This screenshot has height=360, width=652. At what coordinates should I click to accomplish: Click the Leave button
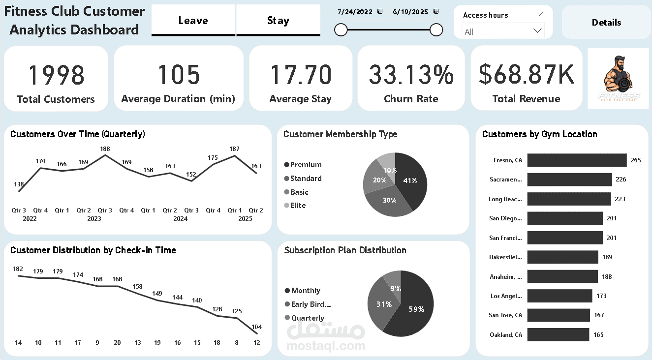[x=193, y=21]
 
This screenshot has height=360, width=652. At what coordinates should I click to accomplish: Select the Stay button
[x=278, y=21]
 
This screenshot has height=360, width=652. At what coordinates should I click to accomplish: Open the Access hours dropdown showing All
[x=503, y=31]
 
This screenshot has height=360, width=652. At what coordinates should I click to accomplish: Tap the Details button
[x=606, y=23]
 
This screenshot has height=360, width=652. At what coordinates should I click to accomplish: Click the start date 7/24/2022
[x=355, y=12]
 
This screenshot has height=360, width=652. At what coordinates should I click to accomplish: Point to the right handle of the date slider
[x=436, y=30]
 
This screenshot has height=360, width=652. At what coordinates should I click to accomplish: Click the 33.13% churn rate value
[x=411, y=75]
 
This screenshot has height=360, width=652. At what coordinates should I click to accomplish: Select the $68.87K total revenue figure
[x=526, y=75]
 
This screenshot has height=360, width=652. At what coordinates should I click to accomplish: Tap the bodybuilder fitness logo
[x=618, y=78]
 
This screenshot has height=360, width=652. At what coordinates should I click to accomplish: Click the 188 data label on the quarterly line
[x=105, y=149]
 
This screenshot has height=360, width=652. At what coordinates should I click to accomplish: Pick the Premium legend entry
[x=306, y=165]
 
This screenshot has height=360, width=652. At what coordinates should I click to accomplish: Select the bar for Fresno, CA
[x=577, y=160]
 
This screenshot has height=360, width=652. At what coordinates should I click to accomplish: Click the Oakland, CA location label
[x=506, y=335]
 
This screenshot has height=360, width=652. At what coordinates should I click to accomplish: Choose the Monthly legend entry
[x=305, y=291]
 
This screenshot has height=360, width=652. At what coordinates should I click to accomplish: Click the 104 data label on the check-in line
[x=256, y=327]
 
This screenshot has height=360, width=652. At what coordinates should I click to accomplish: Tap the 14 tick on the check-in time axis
[x=18, y=343]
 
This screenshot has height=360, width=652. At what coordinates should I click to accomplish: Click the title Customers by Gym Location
[x=539, y=134]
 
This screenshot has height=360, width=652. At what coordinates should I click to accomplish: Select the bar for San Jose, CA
[x=559, y=315]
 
